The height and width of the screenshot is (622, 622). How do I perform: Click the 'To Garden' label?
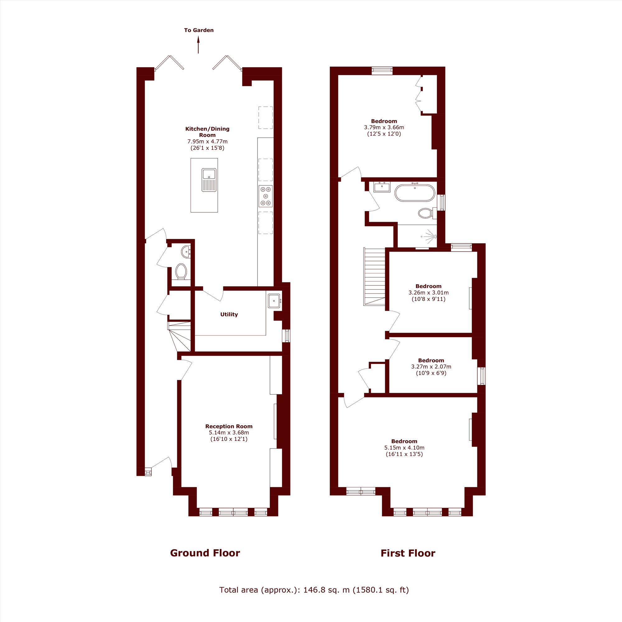[x=199, y=30]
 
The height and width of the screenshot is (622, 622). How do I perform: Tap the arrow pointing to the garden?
[x=198, y=44]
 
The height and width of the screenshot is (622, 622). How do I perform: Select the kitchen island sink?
[x=209, y=180]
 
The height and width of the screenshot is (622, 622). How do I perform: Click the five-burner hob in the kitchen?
[x=266, y=196]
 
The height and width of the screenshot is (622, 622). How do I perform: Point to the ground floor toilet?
[x=181, y=272]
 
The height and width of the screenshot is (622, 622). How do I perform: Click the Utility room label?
[x=229, y=314]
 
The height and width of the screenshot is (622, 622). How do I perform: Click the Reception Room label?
[x=229, y=426]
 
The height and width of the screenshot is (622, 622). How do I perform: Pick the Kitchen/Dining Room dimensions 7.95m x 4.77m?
[x=207, y=141]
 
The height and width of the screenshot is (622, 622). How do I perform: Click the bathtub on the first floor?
[x=415, y=193]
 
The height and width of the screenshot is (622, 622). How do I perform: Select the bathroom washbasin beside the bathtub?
[x=382, y=187]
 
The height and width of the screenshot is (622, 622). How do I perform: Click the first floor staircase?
[x=374, y=276]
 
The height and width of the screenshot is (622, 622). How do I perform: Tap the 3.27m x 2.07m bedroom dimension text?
[x=431, y=367]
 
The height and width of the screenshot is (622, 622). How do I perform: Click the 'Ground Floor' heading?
[x=205, y=553]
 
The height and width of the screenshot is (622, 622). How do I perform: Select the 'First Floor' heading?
[x=408, y=553]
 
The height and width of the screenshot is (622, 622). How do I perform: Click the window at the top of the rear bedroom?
[x=382, y=71]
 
